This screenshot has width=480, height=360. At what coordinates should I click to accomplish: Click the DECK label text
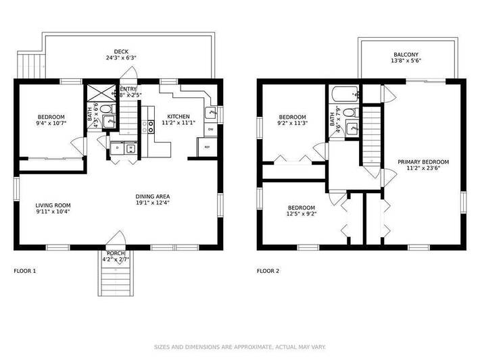[121, 51]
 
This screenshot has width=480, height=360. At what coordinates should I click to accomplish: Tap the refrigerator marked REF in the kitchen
[207, 147]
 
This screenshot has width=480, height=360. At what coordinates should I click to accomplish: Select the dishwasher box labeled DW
[210, 128]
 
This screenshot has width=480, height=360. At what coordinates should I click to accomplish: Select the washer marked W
[131, 148]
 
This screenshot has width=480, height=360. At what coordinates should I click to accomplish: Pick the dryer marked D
[117, 148]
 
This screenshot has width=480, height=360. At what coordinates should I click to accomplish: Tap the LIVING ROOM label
[53, 205]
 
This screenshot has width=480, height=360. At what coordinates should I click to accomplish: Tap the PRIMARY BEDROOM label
[423, 162]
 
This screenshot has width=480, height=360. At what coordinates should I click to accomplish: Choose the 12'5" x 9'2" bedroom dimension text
[302, 214]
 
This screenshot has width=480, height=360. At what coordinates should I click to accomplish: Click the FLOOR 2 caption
[268, 271]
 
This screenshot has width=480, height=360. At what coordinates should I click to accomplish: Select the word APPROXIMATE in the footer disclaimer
[240, 346]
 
